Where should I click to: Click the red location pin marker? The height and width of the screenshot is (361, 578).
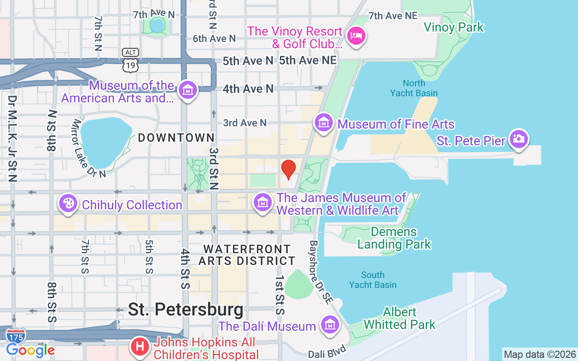pos(289,169)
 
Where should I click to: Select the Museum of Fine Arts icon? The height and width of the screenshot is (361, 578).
pos(324,122)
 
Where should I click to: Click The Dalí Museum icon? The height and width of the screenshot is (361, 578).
pos(330,324)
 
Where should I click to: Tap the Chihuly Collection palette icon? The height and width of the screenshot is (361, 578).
pos(68,203)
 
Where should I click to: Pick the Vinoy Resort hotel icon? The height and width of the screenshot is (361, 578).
pos(356,35)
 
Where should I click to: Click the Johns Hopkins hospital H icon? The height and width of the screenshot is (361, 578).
pos(140,347)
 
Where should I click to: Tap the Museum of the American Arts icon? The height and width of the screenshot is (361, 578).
pos(187,90)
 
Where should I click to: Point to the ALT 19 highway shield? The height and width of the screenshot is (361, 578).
pos(131,60)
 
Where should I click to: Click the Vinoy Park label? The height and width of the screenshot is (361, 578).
pos(453,28)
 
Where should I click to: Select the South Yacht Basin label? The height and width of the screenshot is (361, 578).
pos(373,280)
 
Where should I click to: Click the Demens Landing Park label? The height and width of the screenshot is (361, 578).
pos(394,238)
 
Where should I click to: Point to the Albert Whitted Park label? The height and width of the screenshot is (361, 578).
pos(399,318)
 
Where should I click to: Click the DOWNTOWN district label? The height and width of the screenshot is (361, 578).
pos(176,138)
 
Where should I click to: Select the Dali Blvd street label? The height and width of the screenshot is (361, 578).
pos(328,352)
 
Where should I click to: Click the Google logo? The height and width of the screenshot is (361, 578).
pos(30,350)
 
